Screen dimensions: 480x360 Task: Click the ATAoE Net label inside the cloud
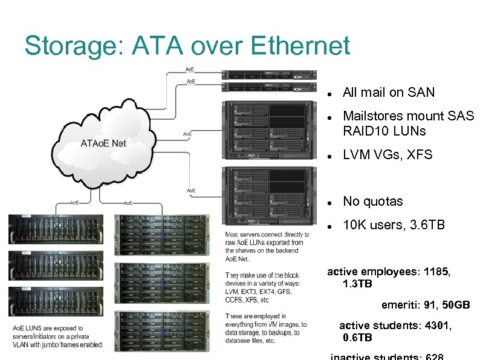[x=104, y=143]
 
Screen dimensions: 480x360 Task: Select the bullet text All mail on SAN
[x=388, y=93]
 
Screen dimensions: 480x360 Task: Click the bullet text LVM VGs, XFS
[x=388, y=155]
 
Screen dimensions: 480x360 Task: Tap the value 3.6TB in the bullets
[x=427, y=225]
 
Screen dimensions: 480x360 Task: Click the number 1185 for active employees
[x=436, y=272]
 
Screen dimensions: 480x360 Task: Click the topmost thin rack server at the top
[x=269, y=75]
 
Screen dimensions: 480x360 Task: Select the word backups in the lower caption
[x=294, y=333]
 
